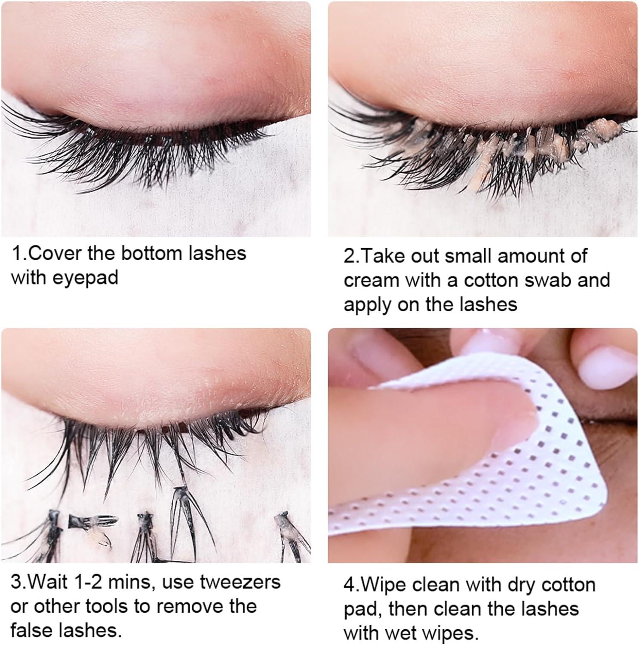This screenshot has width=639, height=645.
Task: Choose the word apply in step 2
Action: [x=367, y=305]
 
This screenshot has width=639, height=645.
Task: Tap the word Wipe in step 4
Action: [x=384, y=585]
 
